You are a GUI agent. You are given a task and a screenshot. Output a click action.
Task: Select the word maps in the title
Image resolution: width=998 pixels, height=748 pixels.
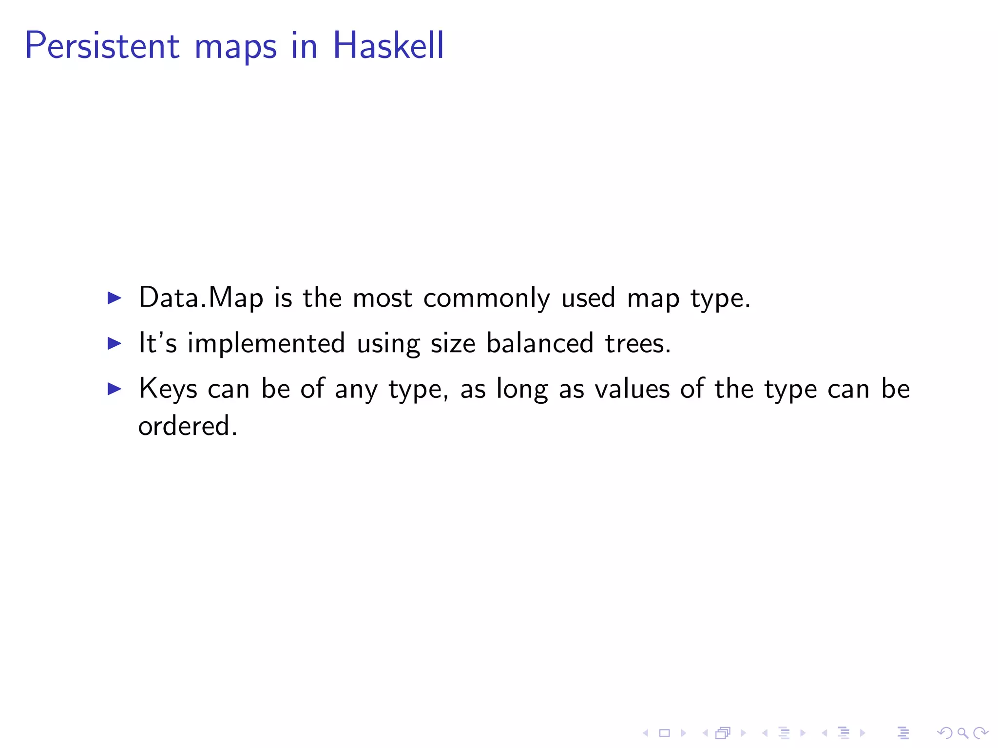pyautogui.click(x=235, y=47)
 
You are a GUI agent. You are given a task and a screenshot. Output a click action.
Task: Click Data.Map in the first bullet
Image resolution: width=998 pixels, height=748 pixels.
pyautogui.click(x=201, y=298)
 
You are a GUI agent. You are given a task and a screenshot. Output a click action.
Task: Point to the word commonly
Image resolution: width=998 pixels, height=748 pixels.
pyautogui.click(x=486, y=299)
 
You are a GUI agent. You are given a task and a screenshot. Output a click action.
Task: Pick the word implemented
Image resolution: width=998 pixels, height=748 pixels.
pyautogui.click(x=266, y=344)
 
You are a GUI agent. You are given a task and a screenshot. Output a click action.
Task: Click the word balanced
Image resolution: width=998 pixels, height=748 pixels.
pyautogui.click(x=540, y=343)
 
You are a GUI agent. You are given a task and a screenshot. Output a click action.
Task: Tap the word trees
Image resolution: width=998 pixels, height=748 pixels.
pyautogui.click(x=637, y=343)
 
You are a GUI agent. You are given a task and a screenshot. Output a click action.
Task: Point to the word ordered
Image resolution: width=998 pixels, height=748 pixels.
pyautogui.click(x=187, y=426)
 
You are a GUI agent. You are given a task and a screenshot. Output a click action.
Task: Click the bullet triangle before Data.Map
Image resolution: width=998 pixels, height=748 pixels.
pyautogui.click(x=114, y=298)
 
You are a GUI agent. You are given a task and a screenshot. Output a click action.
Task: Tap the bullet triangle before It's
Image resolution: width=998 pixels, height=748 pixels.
pyautogui.click(x=114, y=343)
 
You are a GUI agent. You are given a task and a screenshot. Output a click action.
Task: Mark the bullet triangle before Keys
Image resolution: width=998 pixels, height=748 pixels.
pyautogui.click(x=114, y=389)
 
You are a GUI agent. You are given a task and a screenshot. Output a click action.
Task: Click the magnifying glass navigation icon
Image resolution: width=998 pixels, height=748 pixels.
pyautogui.click(x=962, y=733)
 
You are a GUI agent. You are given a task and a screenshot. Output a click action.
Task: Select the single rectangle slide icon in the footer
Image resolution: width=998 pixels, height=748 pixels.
pyautogui.click(x=664, y=733)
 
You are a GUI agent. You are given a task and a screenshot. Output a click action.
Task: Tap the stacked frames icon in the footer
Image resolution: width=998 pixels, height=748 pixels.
pyautogui.click(x=723, y=733)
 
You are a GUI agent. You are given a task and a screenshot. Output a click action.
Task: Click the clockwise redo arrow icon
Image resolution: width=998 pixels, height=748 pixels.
pyautogui.click(x=980, y=733)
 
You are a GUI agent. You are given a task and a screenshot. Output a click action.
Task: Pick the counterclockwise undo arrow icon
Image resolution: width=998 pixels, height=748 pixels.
pyautogui.click(x=945, y=733)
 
